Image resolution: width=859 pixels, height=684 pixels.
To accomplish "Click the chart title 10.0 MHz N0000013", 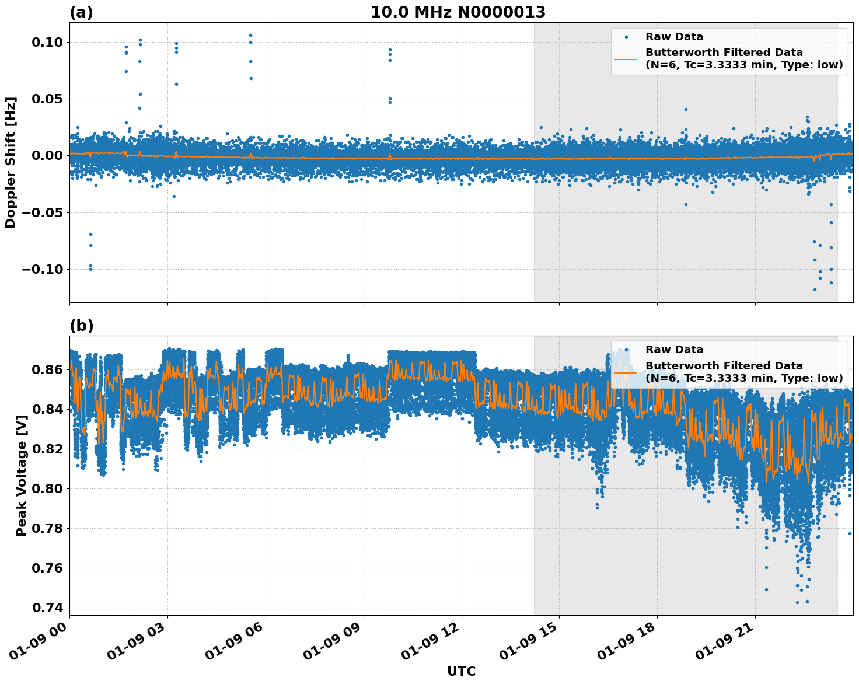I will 458,12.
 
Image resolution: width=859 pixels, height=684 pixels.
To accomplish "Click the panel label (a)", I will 81,12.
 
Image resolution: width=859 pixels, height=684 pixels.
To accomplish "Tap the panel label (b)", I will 81,326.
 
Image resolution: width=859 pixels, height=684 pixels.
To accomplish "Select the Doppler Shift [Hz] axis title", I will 11,162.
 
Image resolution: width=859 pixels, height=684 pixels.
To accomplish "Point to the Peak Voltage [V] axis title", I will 22,476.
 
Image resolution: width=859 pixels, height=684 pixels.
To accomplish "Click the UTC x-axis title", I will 461,671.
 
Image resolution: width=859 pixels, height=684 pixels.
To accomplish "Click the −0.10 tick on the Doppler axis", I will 42,269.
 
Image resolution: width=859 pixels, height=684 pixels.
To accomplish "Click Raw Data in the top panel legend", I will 674,37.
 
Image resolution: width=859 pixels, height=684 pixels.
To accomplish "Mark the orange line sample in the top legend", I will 626,58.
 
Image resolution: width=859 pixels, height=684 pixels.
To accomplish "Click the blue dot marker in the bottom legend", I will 626,350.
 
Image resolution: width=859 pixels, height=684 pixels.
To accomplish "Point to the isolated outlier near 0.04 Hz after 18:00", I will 686,109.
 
